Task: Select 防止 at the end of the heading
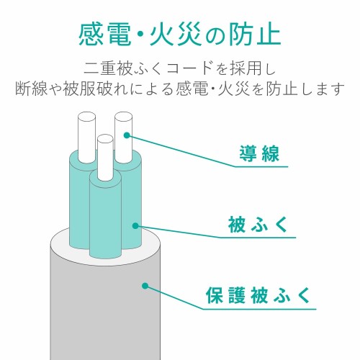(x=256, y=33)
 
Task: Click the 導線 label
(x=260, y=153)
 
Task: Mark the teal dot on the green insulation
(x=135, y=225)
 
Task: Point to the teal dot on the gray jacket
(x=145, y=287)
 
